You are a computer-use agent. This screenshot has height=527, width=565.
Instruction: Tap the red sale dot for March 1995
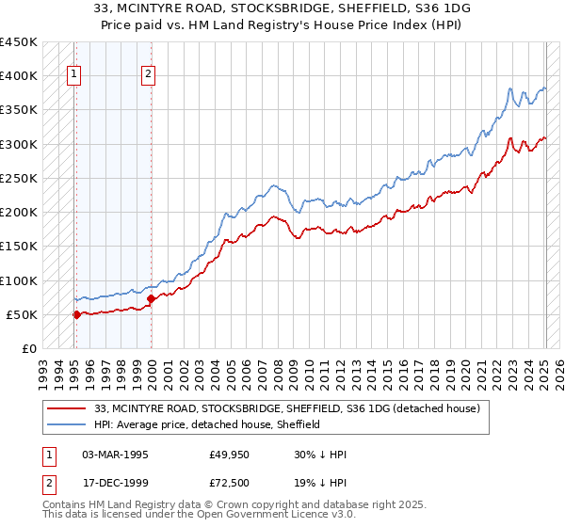coord(76,314)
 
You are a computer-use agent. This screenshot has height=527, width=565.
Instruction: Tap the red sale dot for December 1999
coord(152,299)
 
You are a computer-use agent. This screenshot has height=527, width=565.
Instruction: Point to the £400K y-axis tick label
coord(19,76)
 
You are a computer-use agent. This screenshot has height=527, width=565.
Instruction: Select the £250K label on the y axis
coord(19,178)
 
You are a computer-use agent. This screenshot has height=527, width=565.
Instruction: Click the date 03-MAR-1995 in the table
coord(115,455)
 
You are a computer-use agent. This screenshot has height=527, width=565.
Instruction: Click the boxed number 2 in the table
coord(47,482)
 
